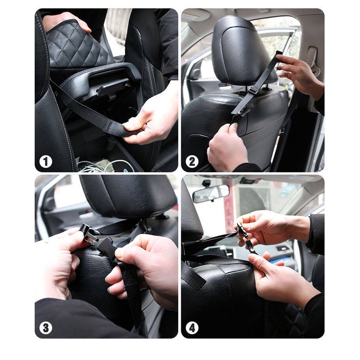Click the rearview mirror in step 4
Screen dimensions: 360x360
pyautogui.click(x=211, y=193)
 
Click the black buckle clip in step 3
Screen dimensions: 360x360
pyautogui.click(x=90, y=234)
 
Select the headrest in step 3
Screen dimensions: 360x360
pyautogui.click(x=128, y=196)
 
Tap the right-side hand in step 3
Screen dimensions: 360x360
pyautogui.click(x=144, y=270)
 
